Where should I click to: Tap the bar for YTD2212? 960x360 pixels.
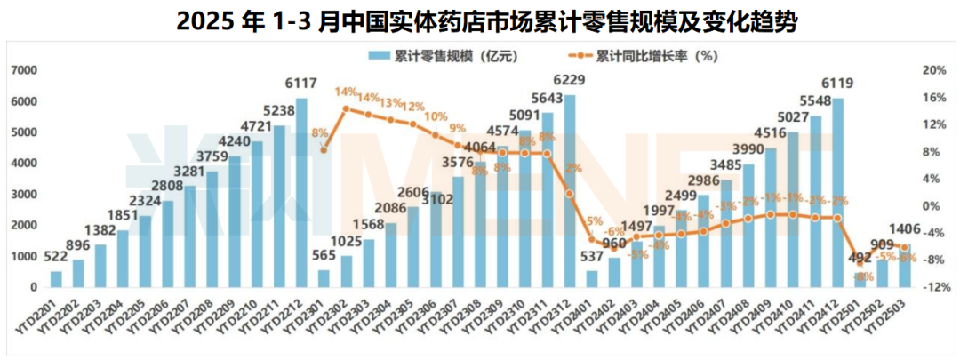(302, 192)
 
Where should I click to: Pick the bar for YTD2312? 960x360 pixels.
(570, 190)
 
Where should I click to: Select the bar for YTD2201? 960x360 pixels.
(57, 279)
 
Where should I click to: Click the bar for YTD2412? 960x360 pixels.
(837, 192)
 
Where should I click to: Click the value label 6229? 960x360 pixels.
(570, 81)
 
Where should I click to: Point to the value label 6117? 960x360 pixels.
(302, 84)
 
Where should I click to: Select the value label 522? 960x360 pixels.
(57, 258)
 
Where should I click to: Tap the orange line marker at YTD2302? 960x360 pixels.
(347, 109)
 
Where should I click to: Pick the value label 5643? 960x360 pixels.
(546, 99)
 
